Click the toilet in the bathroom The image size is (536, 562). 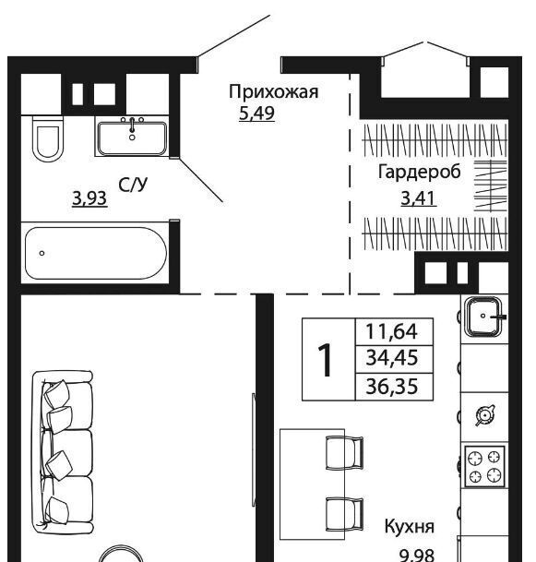click(48, 138)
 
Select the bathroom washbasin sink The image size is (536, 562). click(132, 138)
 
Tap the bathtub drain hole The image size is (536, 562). click(42, 253)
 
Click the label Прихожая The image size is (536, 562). click(273, 92)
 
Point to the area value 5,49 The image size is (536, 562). click(256, 114)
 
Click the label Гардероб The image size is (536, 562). click(419, 173)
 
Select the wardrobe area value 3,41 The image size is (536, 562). click(419, 198)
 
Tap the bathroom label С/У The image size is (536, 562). click(133, 185)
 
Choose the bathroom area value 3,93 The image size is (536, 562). click(89, 198)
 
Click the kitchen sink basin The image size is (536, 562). click(484, 317)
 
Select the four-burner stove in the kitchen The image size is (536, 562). click(484, 466)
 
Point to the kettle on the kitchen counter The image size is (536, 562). click(485, 415)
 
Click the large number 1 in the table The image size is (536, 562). click(326, 360)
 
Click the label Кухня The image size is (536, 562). click(410, 527)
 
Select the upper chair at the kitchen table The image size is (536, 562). click(344, 453)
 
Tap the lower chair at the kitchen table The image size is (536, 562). click(344, 515)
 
